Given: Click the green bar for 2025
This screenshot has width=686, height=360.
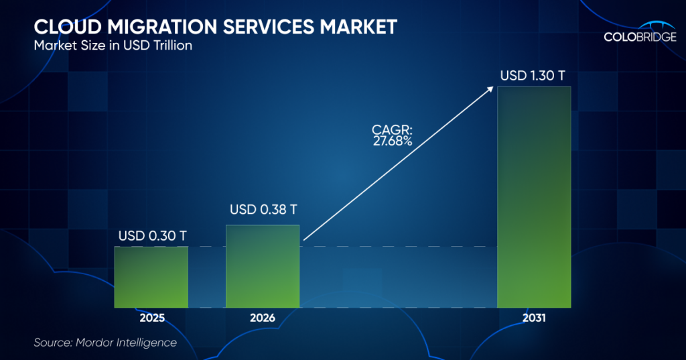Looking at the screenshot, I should tap(151, 276).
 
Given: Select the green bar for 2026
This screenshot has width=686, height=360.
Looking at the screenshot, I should tap(263, 265).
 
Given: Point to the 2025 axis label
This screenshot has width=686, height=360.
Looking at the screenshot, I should tap(151, 318).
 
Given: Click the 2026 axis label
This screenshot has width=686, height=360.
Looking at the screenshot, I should tap(263, 318).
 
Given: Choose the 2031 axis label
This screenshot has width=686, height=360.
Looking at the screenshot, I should tap(534, 318).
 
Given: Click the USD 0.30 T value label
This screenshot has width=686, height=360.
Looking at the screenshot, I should tap(152, 236).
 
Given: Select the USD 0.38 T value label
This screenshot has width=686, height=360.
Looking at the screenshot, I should tap(263, 210).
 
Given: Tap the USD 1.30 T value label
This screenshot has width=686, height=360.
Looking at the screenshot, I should tap(534, 75).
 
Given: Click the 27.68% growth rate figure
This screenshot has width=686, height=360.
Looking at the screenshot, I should tap(393, 140).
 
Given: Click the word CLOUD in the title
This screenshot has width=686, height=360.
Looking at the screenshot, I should tap(58, 27).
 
